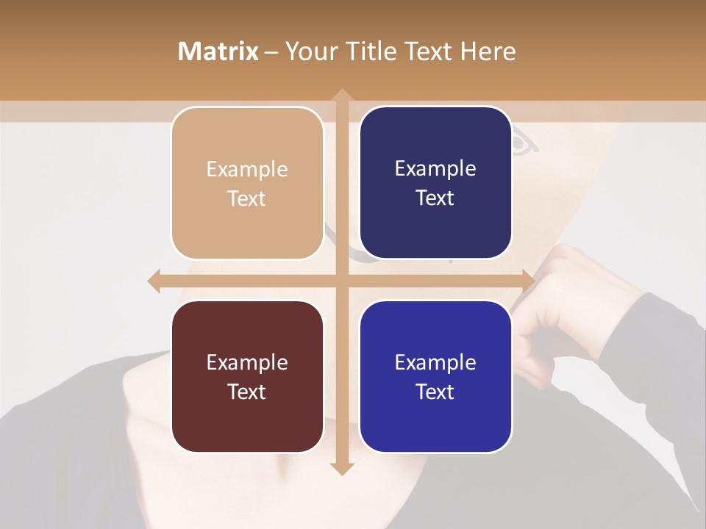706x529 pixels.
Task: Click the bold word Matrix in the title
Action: (x=218, y=51)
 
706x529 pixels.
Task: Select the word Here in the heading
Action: (x=488, y=51)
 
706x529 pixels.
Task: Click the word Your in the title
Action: (x=308, y=51)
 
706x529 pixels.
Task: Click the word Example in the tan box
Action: (x=247, y=170)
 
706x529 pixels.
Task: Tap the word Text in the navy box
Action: (x=435, y=198)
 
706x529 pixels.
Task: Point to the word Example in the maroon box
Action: (x=247, y=363)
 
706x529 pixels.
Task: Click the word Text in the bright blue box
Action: (x=435, y=392)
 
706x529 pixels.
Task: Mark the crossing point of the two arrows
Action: (x=341, y=281)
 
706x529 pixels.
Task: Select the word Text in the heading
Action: (x=424, y=51)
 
